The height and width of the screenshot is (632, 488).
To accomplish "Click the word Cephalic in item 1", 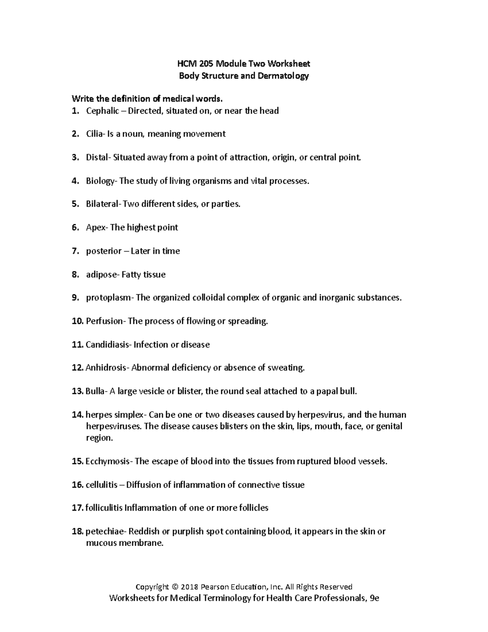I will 102,111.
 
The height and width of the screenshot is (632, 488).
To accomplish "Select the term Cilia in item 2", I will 94,134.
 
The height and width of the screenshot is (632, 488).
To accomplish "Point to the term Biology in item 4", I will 100,181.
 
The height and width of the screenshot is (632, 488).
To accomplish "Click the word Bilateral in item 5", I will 102,204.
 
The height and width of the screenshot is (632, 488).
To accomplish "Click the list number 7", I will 75,251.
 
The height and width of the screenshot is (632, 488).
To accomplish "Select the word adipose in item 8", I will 101,275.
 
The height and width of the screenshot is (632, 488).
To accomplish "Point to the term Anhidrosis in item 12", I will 106,368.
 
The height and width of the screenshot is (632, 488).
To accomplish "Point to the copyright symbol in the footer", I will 175,587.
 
